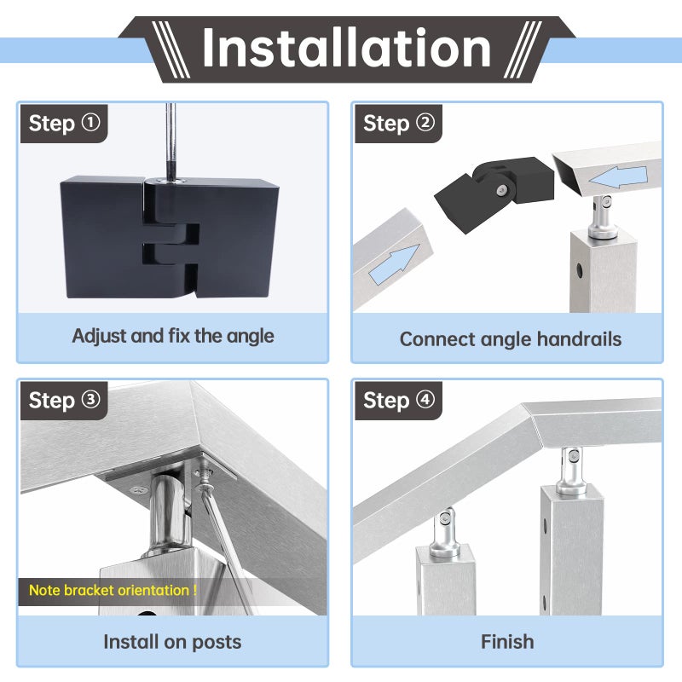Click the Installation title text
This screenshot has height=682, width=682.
347,48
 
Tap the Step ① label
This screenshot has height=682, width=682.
64,124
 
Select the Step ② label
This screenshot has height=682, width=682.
398,124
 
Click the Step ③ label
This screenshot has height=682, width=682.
64,401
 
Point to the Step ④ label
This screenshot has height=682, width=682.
398,401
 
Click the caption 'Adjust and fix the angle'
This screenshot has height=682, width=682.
173,336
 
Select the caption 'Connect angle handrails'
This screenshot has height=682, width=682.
510,339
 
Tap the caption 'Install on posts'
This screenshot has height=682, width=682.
172,642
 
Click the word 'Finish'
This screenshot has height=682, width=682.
507,642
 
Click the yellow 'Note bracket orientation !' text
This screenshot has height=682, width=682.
113,590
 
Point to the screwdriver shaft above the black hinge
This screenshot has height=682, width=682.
171,142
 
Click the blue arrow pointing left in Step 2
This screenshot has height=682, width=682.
618,176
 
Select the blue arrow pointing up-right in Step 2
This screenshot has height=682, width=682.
395,264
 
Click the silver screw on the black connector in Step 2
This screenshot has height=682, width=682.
502,190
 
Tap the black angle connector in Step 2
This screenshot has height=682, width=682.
494,191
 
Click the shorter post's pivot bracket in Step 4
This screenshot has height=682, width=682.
444,534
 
